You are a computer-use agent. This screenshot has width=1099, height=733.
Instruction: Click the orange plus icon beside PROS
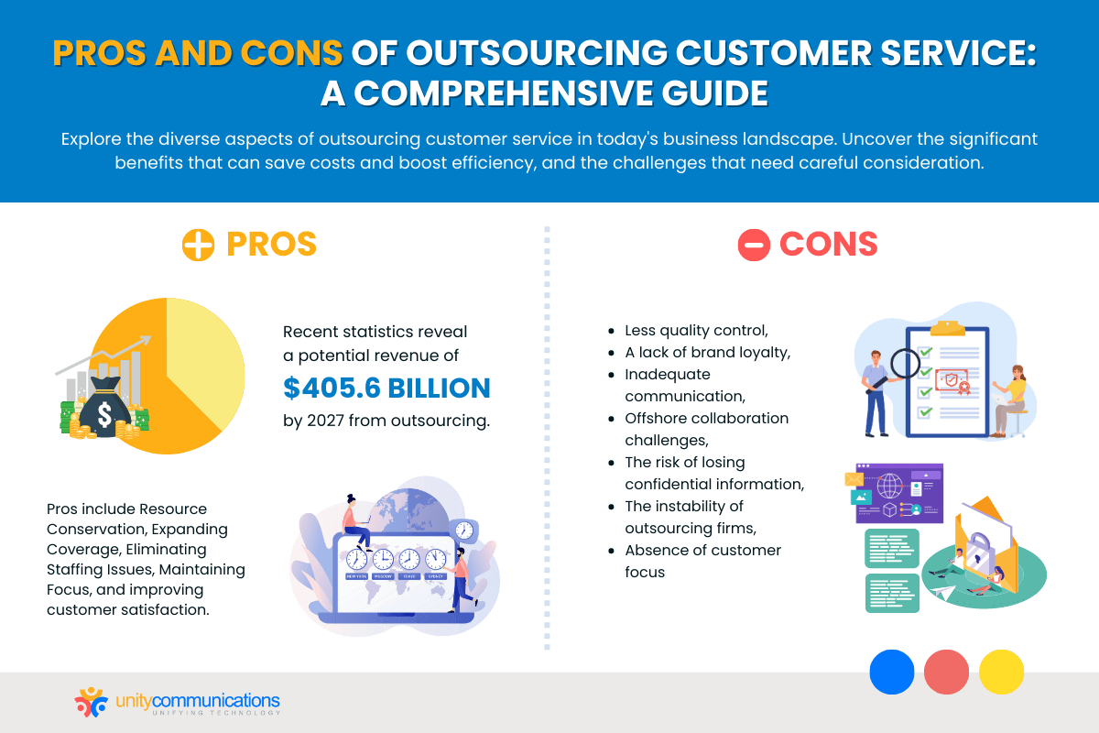point(198,245)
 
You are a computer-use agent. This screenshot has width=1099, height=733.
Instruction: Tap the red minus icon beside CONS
point(754,245)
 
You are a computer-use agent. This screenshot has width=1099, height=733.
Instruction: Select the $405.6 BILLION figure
point(386,388)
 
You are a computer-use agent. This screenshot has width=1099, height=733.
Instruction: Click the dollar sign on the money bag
point(103,415)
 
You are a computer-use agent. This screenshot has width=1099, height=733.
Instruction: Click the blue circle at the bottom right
point(891,672)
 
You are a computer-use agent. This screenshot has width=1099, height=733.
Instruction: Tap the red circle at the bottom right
point(946,672)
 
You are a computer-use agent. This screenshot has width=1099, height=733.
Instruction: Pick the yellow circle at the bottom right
point(1001,672)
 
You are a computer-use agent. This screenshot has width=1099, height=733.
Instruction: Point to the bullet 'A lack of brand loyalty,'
point(693,352)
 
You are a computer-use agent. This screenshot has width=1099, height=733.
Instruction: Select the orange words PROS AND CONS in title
point(197,54)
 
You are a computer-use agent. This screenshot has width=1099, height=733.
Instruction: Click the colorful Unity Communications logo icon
point(91,703)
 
